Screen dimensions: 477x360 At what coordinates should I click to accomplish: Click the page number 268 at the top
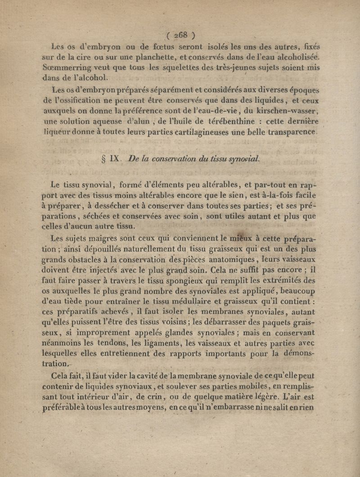click(180, 36)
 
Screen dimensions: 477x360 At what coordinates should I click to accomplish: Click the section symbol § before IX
click(104, 159)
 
